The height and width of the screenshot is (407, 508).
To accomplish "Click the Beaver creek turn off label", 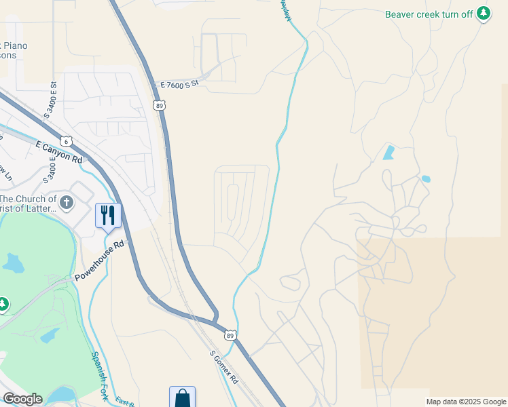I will (429, 14).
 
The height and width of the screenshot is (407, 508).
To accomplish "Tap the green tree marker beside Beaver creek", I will (483, 13).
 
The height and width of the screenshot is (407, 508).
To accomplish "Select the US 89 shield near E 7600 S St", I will (159, 105).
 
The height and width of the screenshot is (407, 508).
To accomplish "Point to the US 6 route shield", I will (66, 141).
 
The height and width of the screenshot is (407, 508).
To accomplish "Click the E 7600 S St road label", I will (179, 84).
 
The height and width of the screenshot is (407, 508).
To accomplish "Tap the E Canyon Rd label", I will (58, 151).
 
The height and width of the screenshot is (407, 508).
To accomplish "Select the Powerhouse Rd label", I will (100, 261).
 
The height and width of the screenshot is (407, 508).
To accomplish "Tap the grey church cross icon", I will (67, 201).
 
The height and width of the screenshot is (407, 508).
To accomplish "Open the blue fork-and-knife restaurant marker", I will (108, 215).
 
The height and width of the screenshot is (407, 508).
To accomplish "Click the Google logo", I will (22, 399).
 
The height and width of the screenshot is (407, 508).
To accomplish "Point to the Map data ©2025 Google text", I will (466, 402).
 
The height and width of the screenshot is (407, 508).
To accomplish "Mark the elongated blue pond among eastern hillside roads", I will (388, 152).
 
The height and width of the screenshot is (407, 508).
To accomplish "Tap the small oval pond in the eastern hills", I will (425, 179).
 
